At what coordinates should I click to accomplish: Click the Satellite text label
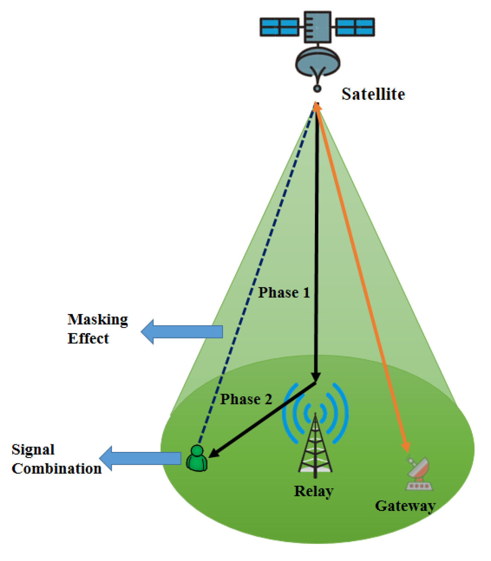[x=373, y=94]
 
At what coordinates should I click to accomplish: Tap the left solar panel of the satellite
[x=280, y=27]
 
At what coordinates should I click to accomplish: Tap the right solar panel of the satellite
[x=355, y=27]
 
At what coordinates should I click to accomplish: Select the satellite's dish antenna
[x=317, y=62]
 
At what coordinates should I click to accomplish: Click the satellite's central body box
[x=317, y=27]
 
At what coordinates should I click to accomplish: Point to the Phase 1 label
[x=284, y=293]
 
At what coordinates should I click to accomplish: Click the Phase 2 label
[x=246, y=399]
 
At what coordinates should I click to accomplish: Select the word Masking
[x=98, y=320]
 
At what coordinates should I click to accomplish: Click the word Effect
[x=88, y=338]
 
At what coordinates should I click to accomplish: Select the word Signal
[x=33, y=450]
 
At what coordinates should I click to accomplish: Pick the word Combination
[x=56, y=469]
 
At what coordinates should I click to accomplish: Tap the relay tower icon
[x=315, y=446]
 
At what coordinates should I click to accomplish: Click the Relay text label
[x=313, y=491]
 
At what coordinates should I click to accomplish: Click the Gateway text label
[x=405, y=506]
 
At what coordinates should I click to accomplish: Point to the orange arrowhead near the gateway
[x=406, y=448]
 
